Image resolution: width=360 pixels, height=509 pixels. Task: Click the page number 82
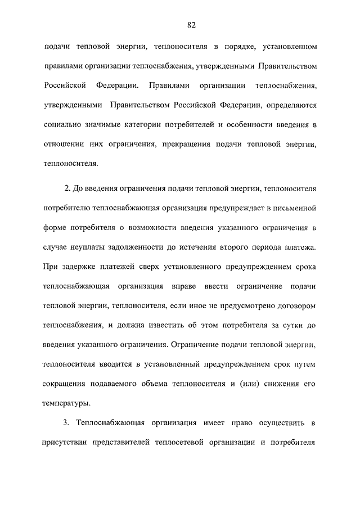pos(191,25)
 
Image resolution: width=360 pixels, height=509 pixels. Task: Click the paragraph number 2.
pos(67,187)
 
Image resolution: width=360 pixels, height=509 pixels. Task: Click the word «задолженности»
pos(141,247)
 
